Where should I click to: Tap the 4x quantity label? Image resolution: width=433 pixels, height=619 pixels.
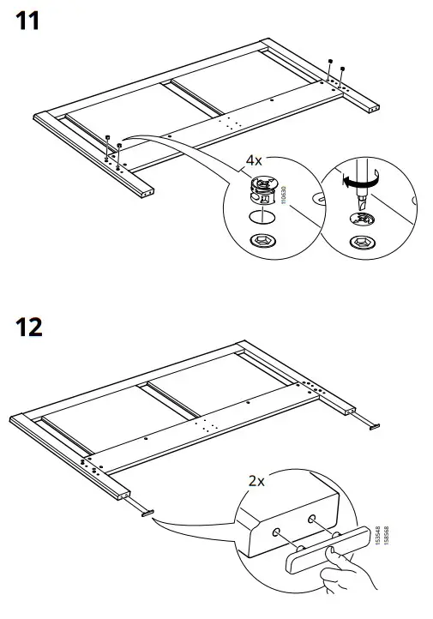point(255,160)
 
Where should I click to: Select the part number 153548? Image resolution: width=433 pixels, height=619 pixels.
point(378,539)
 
